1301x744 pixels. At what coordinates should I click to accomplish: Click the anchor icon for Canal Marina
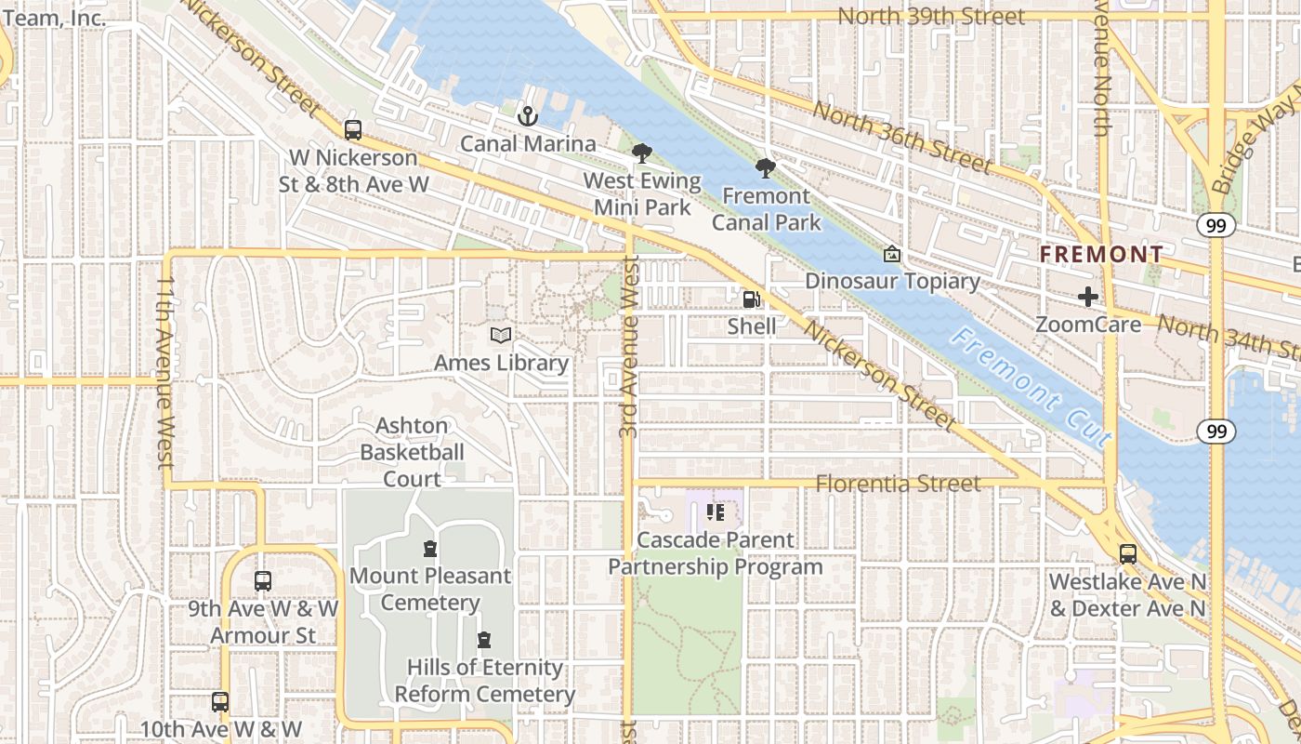pyautogui.click(x=528, y=116)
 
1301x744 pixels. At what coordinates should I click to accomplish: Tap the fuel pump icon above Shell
pyautogui.click(x=752, y=299)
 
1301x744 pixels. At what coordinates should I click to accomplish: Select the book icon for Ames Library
pyautogui.click(x=501, y=335)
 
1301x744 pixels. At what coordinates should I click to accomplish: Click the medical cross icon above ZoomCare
pyautogui.click(x=1087, y=298)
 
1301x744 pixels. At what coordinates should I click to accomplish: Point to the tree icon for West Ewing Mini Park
pyautogui.click(x=641, y=153)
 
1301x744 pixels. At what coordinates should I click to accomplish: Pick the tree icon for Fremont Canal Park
pyautogui.click(x=766, y=168)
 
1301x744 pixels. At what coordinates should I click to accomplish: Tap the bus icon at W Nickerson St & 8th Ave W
pyautogui.click(x=353, y=130)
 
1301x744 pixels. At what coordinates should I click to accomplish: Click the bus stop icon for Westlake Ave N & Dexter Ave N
pyautogui.click(x=1127, y=554)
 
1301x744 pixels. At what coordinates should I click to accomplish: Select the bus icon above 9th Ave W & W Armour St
pyautogui.click(x=263, y=581)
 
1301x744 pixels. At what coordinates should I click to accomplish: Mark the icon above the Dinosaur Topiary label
pyautogui.click(x=891, y=253)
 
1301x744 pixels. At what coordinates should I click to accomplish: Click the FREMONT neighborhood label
pyautogui.click(x=1101, y=254)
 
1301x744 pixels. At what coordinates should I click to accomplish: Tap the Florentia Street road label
pyautogui.click(x=898, y=484)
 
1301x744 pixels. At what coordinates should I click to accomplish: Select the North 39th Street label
pyautogui.click(x=931, y=17)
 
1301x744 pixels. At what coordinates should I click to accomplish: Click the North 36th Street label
pyautogui.click(x=902, y=139)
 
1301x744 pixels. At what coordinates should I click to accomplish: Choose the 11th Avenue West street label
pyautogui.click(x=165, y=371)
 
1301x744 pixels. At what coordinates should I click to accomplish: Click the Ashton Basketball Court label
pyautogui.click(x=412, y=452)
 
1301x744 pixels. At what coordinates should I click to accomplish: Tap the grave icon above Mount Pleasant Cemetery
pyautogui.click(x=429, y=548)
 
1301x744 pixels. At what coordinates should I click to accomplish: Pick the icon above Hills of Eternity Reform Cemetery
pyautogui.click(x=483, y=640)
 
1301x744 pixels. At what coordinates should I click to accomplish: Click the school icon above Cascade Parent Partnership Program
pyautogui.click(x=715, y=511)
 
